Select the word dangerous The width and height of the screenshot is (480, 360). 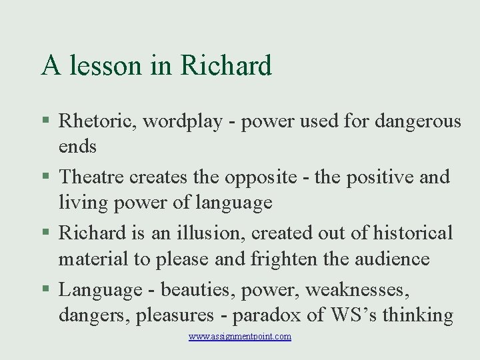418,121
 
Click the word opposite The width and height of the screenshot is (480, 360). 261,177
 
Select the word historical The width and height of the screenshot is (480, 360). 413,233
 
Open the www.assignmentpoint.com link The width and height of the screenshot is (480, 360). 240,337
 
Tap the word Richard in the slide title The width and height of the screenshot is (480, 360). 227,66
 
